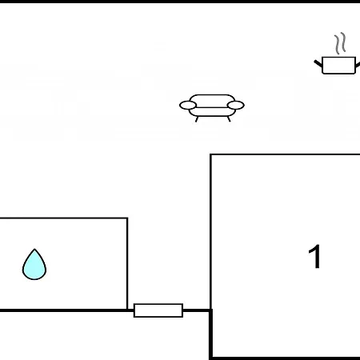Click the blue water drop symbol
34,265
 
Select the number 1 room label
315,257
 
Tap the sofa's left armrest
188,105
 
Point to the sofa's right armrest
236,105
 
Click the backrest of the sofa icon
212,100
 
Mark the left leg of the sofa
197,119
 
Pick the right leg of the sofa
229,119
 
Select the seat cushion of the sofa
212,112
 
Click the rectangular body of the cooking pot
338,66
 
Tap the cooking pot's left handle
318,63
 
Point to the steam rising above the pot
340,43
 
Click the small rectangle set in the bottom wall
158,310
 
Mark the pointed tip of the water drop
34,249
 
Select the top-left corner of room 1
211,154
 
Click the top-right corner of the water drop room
127,218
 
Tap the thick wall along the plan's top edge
180,2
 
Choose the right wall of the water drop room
127,264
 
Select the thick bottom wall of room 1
285,358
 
